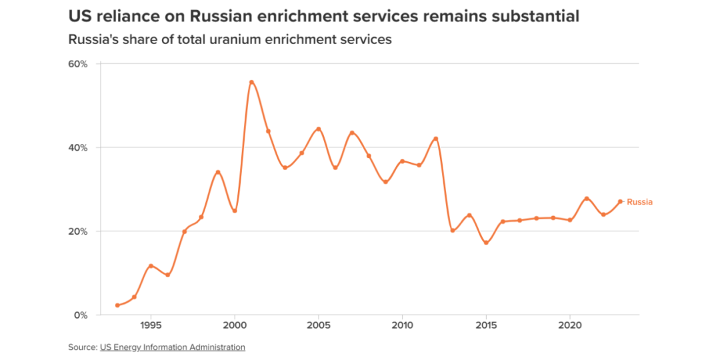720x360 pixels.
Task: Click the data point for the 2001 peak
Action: coord(251,82)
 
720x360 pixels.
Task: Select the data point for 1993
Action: coord(117,305)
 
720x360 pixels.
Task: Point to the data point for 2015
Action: coord(486,243)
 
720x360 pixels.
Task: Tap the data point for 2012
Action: coord(436,139)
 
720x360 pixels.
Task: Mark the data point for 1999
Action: coord(218,172)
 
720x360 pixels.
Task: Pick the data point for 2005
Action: coord(319,129)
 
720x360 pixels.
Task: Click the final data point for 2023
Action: coord(620,201)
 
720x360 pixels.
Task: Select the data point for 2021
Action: coord(587,199)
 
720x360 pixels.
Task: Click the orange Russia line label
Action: coord(639,202)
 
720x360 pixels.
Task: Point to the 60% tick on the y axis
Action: coord(78,64)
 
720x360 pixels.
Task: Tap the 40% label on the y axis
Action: coord(78,147)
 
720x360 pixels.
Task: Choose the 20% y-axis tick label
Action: coord(78,231)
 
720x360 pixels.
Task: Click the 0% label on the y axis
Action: coord(81,315)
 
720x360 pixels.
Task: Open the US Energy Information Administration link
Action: coord(173,347)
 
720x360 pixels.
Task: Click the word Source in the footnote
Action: coord(81,347)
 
